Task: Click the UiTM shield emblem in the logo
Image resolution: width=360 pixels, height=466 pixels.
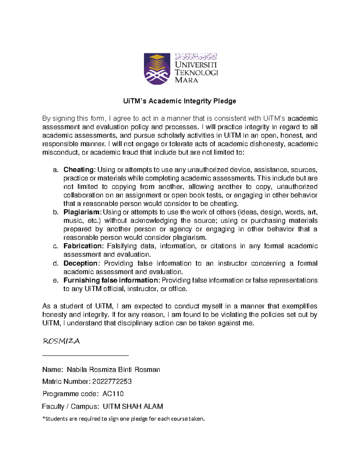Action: coord(157,69)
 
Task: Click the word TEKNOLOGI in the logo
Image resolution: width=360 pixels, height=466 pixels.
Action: coord(196,73)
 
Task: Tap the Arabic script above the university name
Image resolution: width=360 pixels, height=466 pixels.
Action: coord(196,56)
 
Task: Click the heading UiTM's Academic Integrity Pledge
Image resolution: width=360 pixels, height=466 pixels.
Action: coord(180,101)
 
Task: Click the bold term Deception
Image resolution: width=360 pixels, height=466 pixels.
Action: coord(80,263)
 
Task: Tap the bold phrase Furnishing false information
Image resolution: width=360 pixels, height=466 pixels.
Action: coord(111,280)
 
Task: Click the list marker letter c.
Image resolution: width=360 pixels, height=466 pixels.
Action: coord(55,246)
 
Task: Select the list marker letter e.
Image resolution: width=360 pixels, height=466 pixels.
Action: coord(55,281)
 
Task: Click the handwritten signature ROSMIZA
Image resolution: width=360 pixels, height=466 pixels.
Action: coord(61,341)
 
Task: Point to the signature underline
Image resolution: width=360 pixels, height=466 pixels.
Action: coord(85,356)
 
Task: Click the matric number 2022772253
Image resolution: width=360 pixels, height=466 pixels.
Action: coord(112,381)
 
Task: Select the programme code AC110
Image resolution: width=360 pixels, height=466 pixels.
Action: coord(113,394)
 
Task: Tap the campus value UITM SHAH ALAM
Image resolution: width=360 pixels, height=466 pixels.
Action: coord(133,406)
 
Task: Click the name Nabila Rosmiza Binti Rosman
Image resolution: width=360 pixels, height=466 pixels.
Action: coord(113,369)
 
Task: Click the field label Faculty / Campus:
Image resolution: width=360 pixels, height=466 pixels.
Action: coord(70,406)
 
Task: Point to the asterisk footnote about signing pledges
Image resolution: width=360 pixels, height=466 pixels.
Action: coord(124,419)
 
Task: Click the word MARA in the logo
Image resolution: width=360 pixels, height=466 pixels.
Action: coord(186,80)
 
